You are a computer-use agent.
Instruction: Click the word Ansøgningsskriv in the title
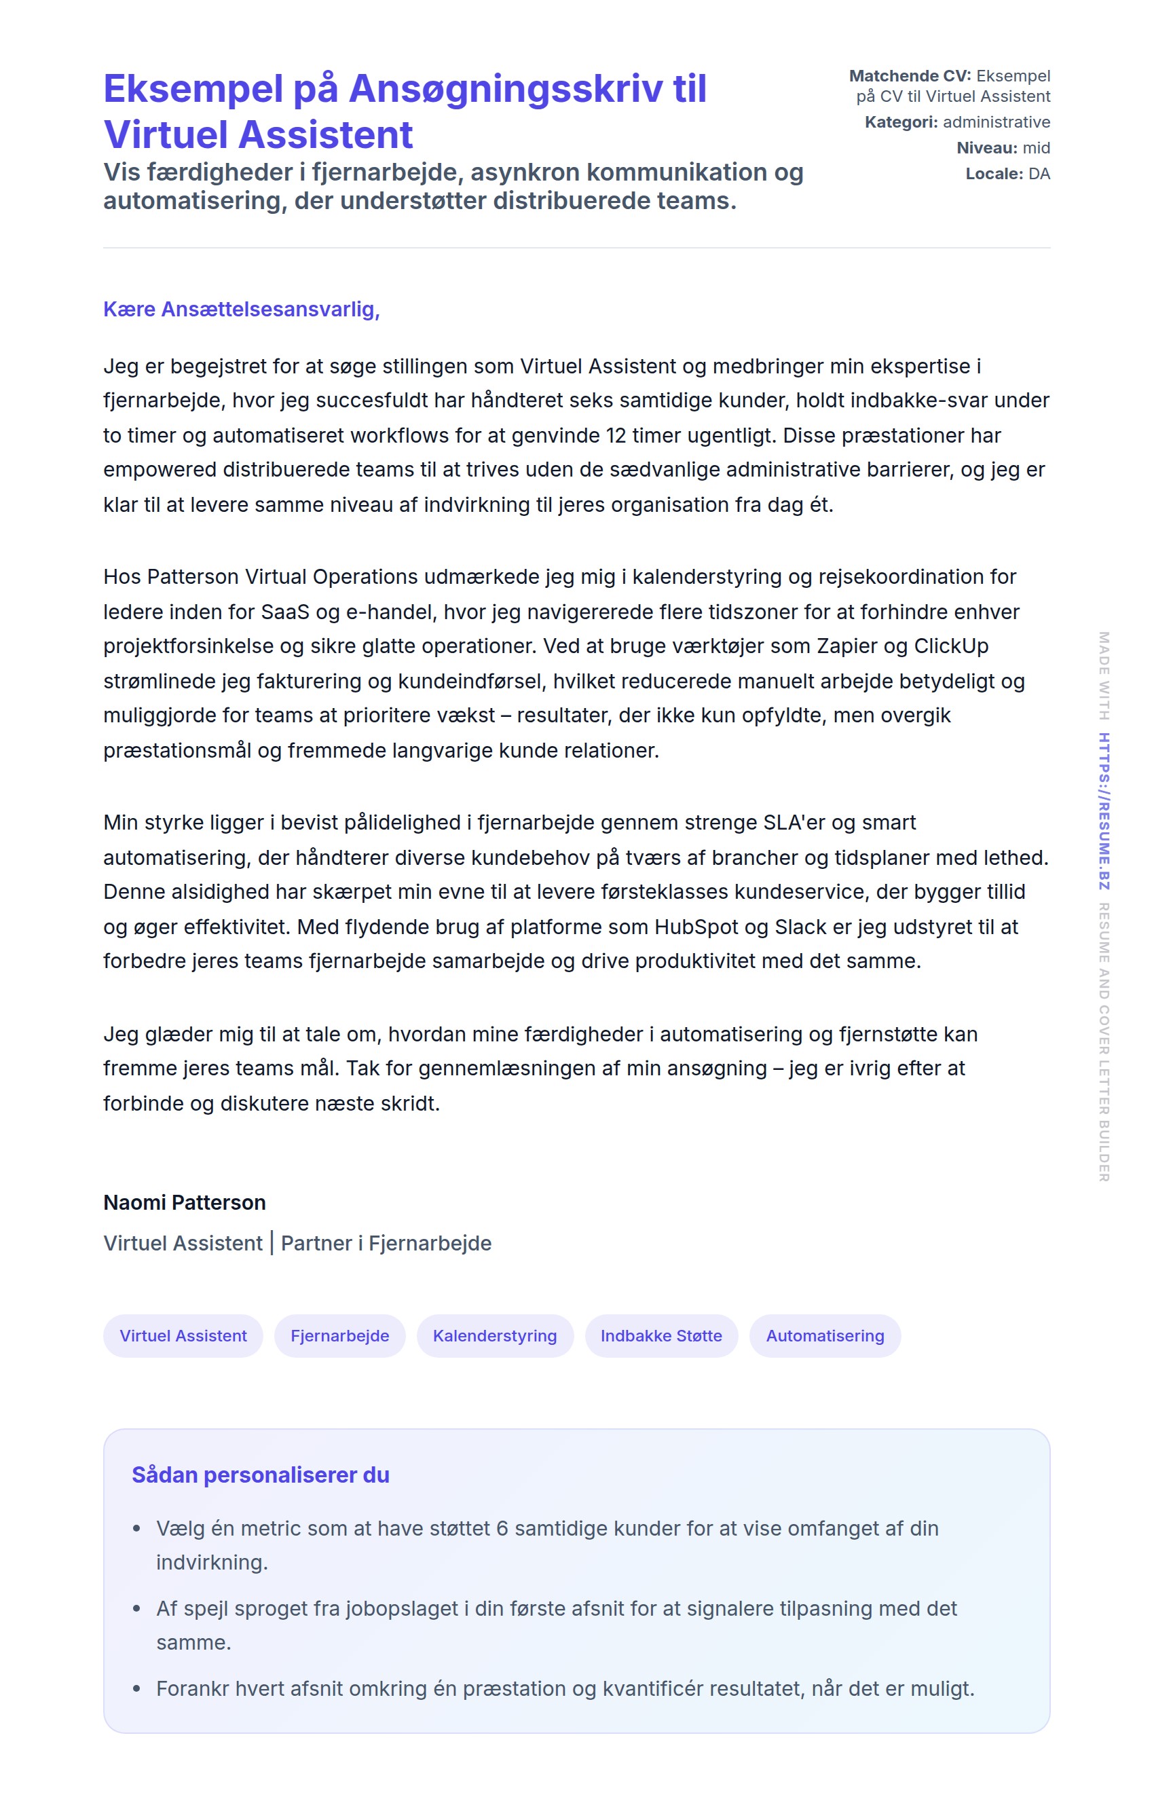[x=505, y=89]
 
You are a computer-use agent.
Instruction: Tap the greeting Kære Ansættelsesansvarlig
[x=241, y=309]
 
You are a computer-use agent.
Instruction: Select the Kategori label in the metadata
[x=901, y=122]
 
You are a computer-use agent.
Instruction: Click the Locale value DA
[x=1039, y=174]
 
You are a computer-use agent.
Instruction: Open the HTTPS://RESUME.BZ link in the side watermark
[x=1104, y=811]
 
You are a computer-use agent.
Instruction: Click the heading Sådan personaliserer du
[x=260, y=1475]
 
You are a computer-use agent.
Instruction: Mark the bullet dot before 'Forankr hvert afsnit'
[x=136, y=1689]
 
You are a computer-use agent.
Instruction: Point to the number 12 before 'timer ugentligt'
[x=618, y=435]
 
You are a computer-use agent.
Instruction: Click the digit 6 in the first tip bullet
[x=502, y=1529]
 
